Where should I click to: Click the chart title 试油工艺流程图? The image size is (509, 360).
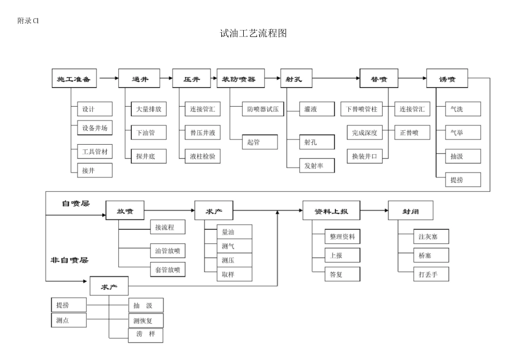[x=254, y=33]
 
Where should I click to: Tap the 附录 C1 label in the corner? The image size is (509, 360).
[x=28, y=21]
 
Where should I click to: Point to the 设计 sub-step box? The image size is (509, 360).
[x=94, y=109]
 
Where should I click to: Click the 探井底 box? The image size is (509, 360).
[x=148, y=156]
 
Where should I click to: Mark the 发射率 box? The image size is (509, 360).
[x=317, y=166]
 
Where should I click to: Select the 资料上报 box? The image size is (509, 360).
[x=331, y=211]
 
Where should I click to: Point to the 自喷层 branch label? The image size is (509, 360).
[x=76, y=204]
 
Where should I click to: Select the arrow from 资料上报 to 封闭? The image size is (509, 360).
[x=374, y=211]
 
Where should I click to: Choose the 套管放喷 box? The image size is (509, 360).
[x=168, y=269]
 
